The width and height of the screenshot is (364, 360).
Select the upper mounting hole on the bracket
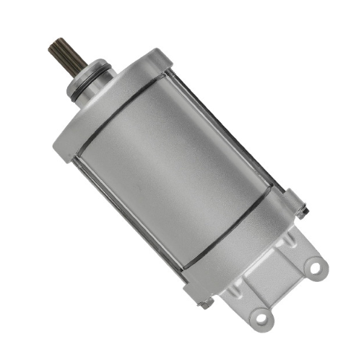pos(313,268)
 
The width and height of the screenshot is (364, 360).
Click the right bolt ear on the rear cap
pos(296,202)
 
